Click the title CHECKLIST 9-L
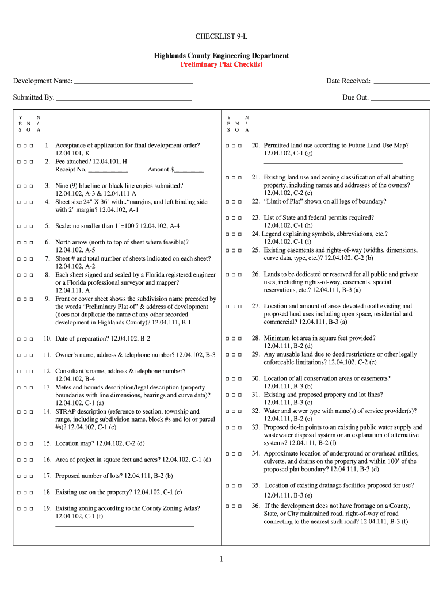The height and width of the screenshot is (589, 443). point(221,37)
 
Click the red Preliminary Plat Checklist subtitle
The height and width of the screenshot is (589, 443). point(221,64)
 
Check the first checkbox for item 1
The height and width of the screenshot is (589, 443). point(19,146)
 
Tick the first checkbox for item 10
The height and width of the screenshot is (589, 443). point(19,339)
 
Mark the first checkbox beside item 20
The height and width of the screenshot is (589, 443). point(228,146)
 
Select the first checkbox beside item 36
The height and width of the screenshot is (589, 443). point(228,506)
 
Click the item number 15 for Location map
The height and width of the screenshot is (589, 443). point(48,443)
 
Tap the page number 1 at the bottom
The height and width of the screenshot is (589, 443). point(221,559)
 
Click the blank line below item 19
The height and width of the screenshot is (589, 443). point(124,525)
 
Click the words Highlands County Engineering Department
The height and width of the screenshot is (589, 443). point(221,56)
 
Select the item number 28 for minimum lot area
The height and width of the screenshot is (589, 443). point(256,338)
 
